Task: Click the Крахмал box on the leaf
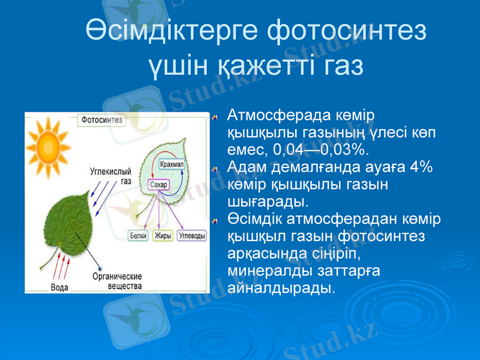(x=173, y=164)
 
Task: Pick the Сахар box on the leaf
(x=158, y=184)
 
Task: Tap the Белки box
(x=138, y=236)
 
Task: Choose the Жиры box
(x=163, y=236)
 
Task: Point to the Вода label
(x=59, y=287)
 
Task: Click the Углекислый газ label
(x=110, y=175)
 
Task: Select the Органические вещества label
(x=116, y=281)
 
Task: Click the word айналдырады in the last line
(x=279, y=288)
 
